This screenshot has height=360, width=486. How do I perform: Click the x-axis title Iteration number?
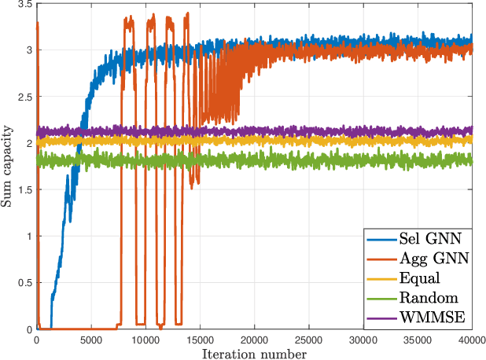(254, 354)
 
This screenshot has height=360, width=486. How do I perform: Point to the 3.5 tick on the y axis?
(24, 5)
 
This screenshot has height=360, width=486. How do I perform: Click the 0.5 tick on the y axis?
(24, 283)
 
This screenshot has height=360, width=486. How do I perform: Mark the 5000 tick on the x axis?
(90, 340)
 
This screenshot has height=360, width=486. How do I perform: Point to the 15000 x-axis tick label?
(200, 340)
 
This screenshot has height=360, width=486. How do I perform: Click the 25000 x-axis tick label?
(308, 340)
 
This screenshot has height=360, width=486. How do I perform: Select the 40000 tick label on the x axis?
(471, 340)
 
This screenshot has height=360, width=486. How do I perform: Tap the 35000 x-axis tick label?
(418, 340)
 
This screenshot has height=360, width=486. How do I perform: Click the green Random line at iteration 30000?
(363, 161)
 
